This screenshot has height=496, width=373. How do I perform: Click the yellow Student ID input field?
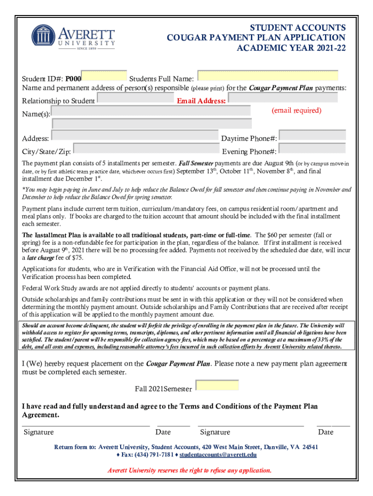tap(104, 77)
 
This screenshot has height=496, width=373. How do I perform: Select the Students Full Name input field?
tap(268, 76)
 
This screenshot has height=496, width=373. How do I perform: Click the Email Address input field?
tap(282, 98)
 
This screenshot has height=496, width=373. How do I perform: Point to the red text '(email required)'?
tap(296, 110)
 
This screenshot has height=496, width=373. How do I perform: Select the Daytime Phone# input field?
tap(312, 136)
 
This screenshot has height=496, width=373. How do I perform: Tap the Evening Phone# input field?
tap(312, 149)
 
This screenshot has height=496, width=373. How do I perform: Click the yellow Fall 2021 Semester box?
tap(217, 386)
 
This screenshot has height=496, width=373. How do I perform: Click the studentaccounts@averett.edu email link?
tap(218, 455)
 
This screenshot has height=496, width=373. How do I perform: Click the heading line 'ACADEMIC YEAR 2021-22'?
tap(291, 48)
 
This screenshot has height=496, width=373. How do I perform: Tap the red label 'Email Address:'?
tap(201, 101)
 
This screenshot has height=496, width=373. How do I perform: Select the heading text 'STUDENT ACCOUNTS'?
tap(297, 28)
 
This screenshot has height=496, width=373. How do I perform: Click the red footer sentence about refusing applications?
tap(189, 470)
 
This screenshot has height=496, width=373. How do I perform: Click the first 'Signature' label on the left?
tap(38, 432)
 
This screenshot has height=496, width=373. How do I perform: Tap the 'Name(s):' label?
tap(36, 114)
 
